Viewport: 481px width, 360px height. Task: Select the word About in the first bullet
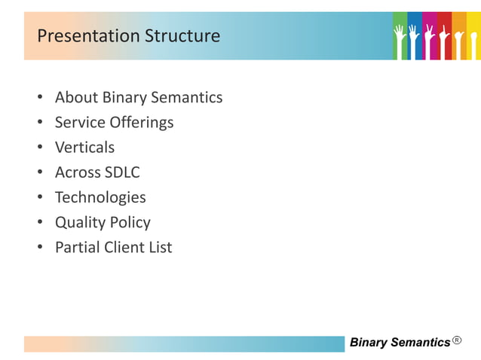point(76,97)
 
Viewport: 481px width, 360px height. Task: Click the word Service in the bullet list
point(80,122)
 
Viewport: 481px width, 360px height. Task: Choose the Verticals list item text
point(84,147)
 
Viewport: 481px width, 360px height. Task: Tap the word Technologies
point(100,197)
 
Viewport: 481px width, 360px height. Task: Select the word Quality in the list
point(80,222)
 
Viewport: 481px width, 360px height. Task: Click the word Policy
point(130,222)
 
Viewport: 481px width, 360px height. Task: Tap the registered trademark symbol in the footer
point(458,341)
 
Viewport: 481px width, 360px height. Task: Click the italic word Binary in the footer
point(369,343)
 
